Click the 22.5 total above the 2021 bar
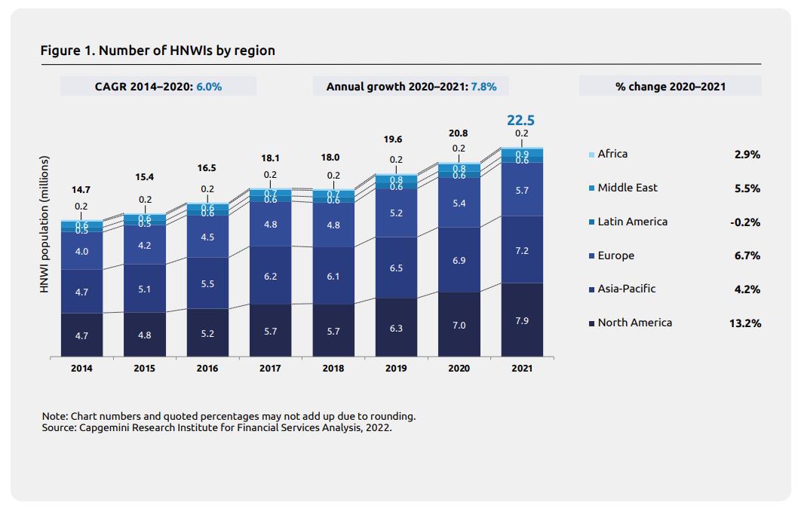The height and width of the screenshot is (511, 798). (521, 120)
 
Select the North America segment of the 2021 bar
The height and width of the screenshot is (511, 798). (521, 320)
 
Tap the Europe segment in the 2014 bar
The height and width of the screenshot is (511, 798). (81, 251)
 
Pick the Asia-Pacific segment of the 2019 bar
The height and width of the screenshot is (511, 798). (396, 268)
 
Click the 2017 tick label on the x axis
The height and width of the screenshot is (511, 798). (270, 369)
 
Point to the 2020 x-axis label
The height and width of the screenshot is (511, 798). (459, 369)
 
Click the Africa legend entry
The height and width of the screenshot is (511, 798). (612, 154)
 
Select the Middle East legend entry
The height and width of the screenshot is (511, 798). (627, 188)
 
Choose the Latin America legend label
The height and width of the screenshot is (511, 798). (632, 222)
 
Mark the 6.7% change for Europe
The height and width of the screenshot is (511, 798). (747, 256)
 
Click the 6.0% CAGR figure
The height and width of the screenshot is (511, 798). (209, 87)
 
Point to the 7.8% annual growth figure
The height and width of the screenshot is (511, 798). (483, 87)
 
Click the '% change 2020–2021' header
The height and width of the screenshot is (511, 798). (670, 87)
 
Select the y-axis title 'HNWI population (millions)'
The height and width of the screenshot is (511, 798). (45, 225)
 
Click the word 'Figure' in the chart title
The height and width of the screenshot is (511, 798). (59, 51)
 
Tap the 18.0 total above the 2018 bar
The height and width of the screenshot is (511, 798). (333, 158)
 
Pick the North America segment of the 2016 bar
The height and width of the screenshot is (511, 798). (207, 332)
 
